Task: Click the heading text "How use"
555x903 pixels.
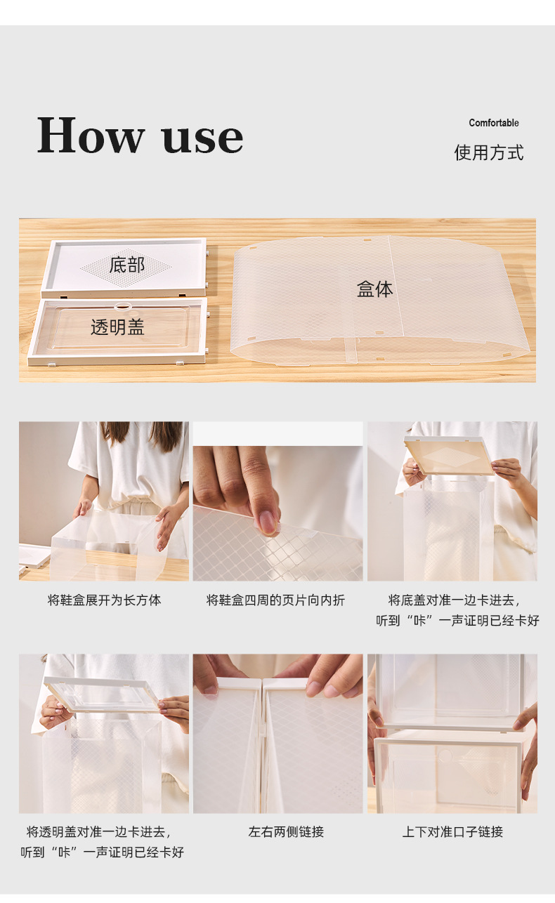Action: point(140,135)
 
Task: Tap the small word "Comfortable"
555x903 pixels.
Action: point(494,123)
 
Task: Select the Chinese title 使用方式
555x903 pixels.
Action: point(489,153)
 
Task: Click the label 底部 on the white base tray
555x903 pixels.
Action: point(126,265)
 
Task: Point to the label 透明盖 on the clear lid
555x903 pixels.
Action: point(117,327)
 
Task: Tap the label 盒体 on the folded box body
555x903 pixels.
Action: point(374,289)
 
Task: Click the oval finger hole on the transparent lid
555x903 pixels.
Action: point(122,306)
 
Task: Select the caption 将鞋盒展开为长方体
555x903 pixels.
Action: point(104,600)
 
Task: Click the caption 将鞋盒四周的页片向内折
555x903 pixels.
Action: point(275,600)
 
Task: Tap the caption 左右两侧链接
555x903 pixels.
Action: point(286,831)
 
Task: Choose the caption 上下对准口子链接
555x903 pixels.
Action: point(452,831)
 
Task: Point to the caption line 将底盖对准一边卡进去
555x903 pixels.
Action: point(454,600)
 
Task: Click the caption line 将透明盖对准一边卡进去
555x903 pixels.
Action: point(98,831)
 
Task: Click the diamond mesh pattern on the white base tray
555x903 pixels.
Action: point(126,266)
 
